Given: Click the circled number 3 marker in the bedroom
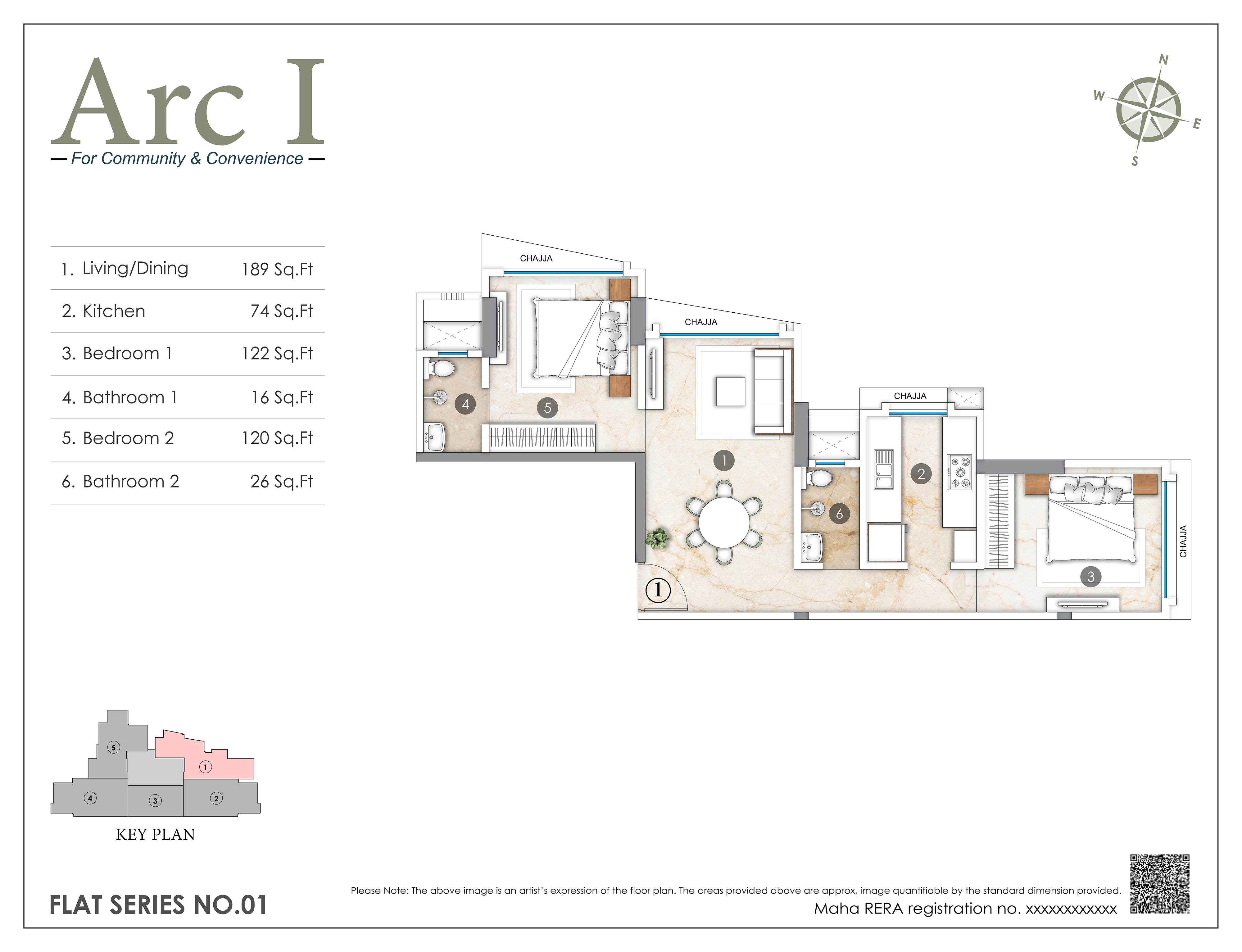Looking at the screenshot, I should click(x=1090, y=577).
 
